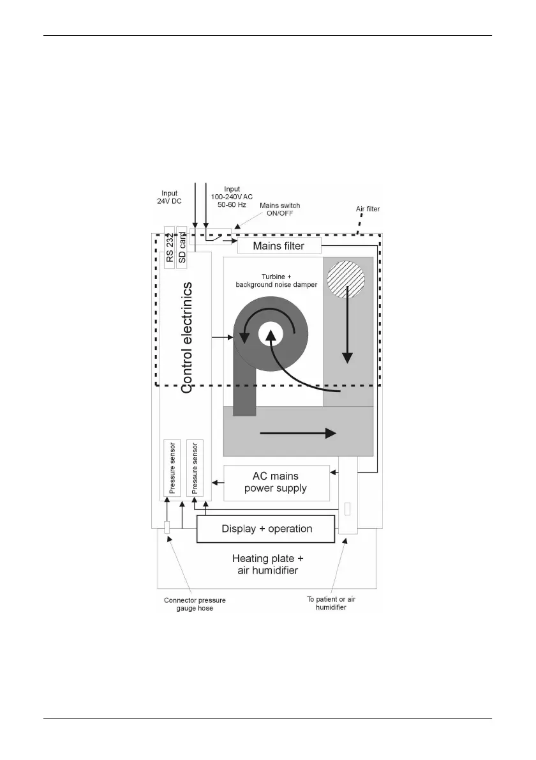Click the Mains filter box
click(279, 245)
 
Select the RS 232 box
click(170, 247)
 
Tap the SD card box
click(182, 247)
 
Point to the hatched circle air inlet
click(346, 281)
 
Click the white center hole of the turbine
click(271, 333)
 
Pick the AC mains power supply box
click(276, 483)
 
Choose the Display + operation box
click(266, 529)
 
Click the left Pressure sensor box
click(171, 468)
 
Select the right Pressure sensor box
click(194, 468)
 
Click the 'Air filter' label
click(368, 209)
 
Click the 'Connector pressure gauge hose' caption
click(195, 604)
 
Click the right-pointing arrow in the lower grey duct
click(299, 433)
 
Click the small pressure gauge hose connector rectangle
click(167, 528)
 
